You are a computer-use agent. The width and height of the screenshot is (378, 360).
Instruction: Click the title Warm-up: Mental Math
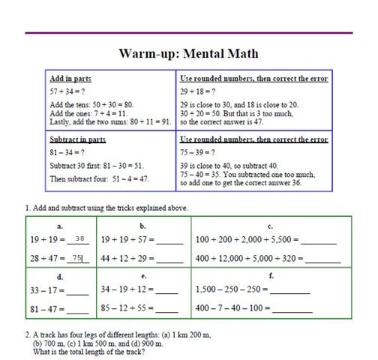click(x=188, y=54)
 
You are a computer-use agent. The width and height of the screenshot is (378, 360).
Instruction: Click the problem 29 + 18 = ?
click(x=196, y=91)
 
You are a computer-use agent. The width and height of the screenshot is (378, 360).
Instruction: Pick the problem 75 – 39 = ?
click(x=196, y=151)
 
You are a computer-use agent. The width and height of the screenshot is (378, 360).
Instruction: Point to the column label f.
click(x=271, y=276)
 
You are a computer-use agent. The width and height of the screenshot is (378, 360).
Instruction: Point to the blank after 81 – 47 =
click(x=79, y=309)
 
